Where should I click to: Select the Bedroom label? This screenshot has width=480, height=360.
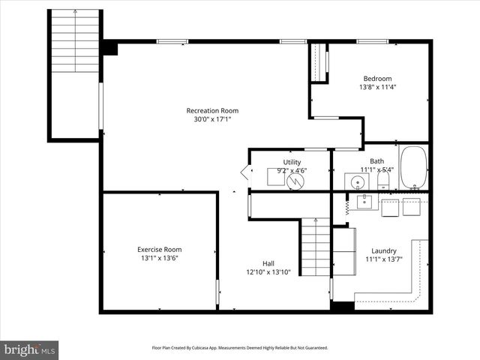coord(377,78)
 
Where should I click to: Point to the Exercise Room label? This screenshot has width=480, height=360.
coord(159,250)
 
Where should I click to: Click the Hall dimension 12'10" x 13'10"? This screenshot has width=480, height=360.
coord(268,272)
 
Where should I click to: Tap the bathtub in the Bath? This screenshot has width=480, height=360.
coord(413,167)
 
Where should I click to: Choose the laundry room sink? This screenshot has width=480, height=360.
coord(364,201)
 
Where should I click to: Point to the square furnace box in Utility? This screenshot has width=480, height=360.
coord(274,177)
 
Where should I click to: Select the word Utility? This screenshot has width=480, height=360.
coord(292,162)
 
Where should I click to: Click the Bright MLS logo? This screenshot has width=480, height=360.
coord(29,349)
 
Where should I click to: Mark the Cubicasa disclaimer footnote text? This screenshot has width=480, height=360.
coord(240,348)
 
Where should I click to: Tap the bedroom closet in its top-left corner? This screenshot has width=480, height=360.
coord(320,63)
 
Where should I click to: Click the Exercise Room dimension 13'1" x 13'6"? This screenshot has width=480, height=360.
coord(159,258)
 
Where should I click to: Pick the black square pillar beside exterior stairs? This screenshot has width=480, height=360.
coord(110,48)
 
